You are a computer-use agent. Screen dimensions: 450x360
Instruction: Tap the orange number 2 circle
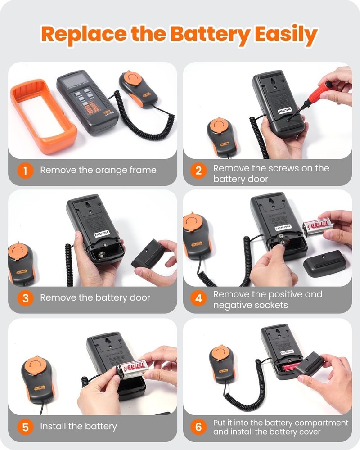[198, 170]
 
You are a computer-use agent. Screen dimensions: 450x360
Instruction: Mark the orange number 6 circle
[198, 427]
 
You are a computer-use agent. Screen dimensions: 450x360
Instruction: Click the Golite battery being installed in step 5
[134, 368]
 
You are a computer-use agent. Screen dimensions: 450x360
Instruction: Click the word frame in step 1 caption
[141, 170]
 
